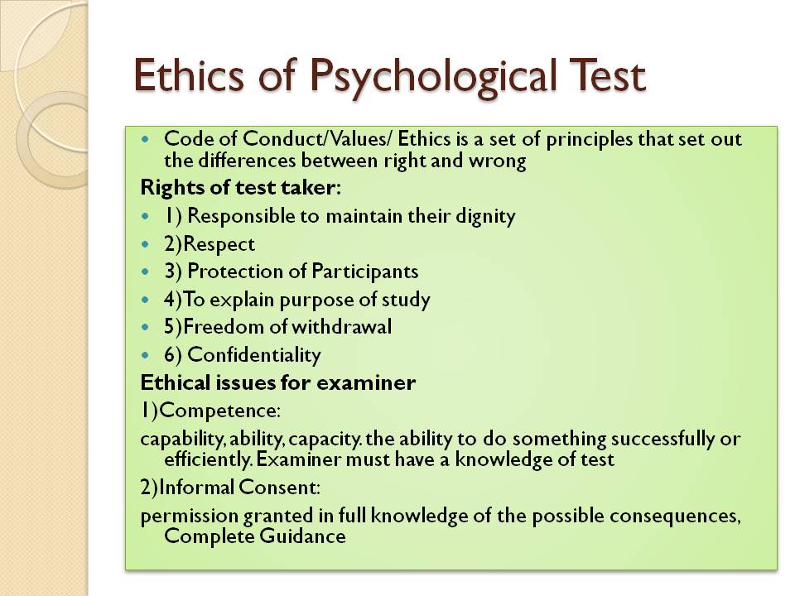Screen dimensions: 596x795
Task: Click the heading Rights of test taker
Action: pyautogui.click(x=240, y=188)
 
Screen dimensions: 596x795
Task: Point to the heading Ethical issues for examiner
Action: pyautogui.click(x=278, y=382)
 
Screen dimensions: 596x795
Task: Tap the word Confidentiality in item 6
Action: pyautogui.click(x=254, y=355)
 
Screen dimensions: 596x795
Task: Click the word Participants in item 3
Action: pyautogui.click(x=365, y=272)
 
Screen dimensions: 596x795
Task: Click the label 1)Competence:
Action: pyautogui.click(x=210, y=411)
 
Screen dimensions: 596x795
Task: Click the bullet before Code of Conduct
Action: pyautogui.click(x=147, y=139)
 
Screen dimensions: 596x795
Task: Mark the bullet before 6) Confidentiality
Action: pyautogui.click(x=147, y=356)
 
